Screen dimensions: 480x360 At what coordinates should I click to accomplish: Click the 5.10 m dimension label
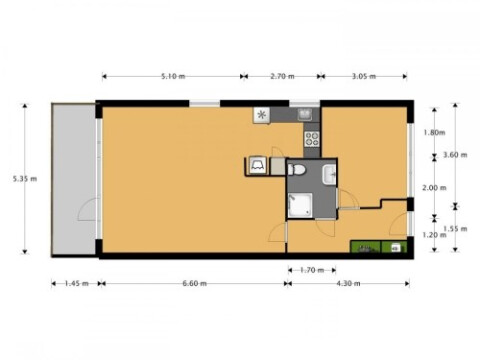click(x=173, y=76)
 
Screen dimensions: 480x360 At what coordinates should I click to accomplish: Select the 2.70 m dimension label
click(x=282, y=76)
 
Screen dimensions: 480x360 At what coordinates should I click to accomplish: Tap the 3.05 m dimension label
click(x=364, y=76)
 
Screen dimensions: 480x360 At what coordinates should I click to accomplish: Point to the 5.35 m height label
click(x=25, y=179)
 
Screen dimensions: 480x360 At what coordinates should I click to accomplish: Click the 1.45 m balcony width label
click(x=76, y=284)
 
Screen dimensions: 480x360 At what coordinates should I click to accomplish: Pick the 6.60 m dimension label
click(x=194, y=284)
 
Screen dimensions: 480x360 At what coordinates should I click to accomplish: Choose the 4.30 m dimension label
click(x=348, y=284)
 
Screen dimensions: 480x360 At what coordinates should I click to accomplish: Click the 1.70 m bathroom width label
click(x=312, y=270)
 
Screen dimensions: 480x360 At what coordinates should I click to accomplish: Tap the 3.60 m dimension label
click(x=455, y=155)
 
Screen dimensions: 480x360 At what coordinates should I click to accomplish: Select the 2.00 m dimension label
click(x=434, y=188)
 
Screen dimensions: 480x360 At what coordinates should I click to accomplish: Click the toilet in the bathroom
click(x=297, y=170)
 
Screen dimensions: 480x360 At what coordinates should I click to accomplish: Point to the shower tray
click(x=300, y=205)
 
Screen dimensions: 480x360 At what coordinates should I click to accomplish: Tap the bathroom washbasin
click(x=329, y=174)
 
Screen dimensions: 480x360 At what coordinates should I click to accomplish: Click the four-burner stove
click(x=312, y=139)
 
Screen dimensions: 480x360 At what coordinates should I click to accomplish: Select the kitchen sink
click(x=305, y=114)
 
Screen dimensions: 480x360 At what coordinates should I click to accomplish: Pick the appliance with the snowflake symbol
click(x=262, y=116)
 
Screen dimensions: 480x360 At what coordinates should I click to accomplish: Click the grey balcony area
click(x=74, y=180)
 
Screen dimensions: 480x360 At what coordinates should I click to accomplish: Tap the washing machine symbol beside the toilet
click(x=258, y=165)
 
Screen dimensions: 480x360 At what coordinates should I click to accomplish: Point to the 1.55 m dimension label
click(x=455, y=229)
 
